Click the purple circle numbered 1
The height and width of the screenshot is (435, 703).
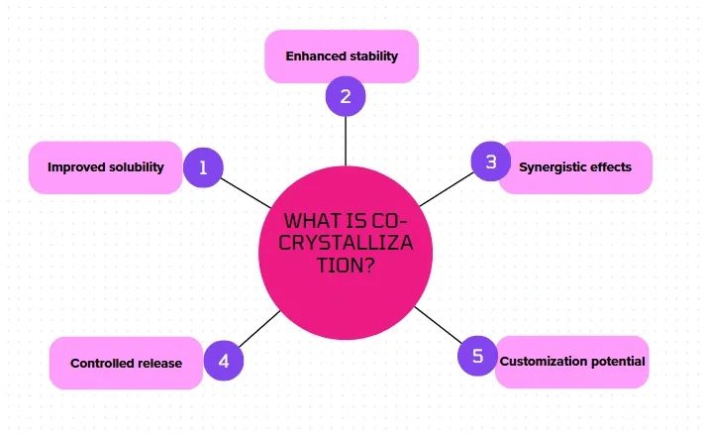203,167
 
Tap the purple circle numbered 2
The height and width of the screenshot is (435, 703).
346,96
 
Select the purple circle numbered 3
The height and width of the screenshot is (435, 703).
489,161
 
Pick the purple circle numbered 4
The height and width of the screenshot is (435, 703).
224,361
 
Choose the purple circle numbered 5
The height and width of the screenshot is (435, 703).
478,356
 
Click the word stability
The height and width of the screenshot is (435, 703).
373,56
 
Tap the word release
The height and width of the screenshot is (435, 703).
158,364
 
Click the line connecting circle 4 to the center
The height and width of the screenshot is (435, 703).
260,330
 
